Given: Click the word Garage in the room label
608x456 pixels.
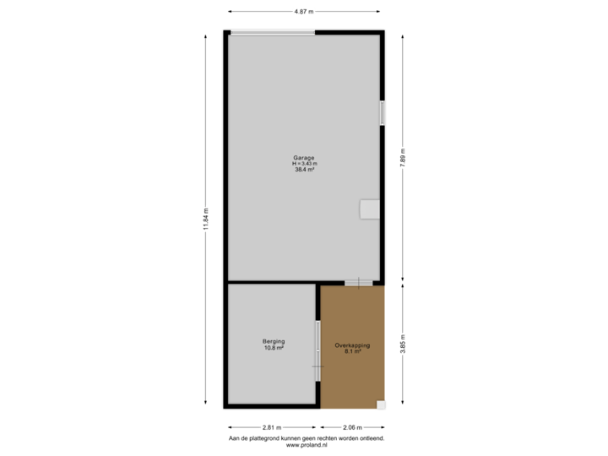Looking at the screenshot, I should pos(304,157).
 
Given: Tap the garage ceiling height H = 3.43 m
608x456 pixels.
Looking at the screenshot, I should pos(304,163).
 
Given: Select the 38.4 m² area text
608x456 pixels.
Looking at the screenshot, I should pos(304,170).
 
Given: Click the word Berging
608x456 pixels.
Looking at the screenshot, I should pos(273,341).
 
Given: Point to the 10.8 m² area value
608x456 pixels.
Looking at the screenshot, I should pos(273,348).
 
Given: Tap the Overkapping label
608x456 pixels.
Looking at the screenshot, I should pos(352,345).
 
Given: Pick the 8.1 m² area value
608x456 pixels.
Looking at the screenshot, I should pos(352,351).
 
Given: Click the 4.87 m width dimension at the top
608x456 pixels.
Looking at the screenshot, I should pos(304,12).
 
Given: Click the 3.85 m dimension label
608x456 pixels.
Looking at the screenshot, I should pos(402,347).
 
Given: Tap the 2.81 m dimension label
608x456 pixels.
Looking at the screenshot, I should pos(272,427).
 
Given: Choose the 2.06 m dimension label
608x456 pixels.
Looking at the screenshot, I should pos(352,427).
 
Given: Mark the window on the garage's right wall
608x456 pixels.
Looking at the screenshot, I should pos(383,113).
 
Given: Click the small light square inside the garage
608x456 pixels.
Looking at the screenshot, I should pos(370,209).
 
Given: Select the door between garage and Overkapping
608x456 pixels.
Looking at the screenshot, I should pos(358,282).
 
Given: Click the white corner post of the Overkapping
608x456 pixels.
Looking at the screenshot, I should pos(381,404).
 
